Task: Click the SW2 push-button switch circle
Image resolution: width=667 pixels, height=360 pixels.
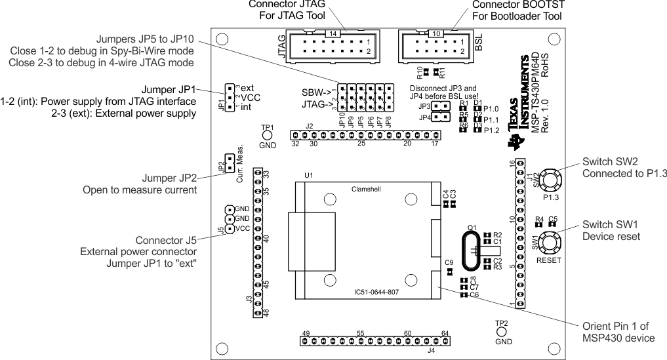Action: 550,178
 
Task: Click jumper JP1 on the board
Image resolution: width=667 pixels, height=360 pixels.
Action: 229,97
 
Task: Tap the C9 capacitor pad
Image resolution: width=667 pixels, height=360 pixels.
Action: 449,271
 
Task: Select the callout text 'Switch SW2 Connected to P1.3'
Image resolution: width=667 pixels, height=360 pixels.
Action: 623,167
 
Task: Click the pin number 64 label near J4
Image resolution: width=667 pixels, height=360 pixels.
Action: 445,334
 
